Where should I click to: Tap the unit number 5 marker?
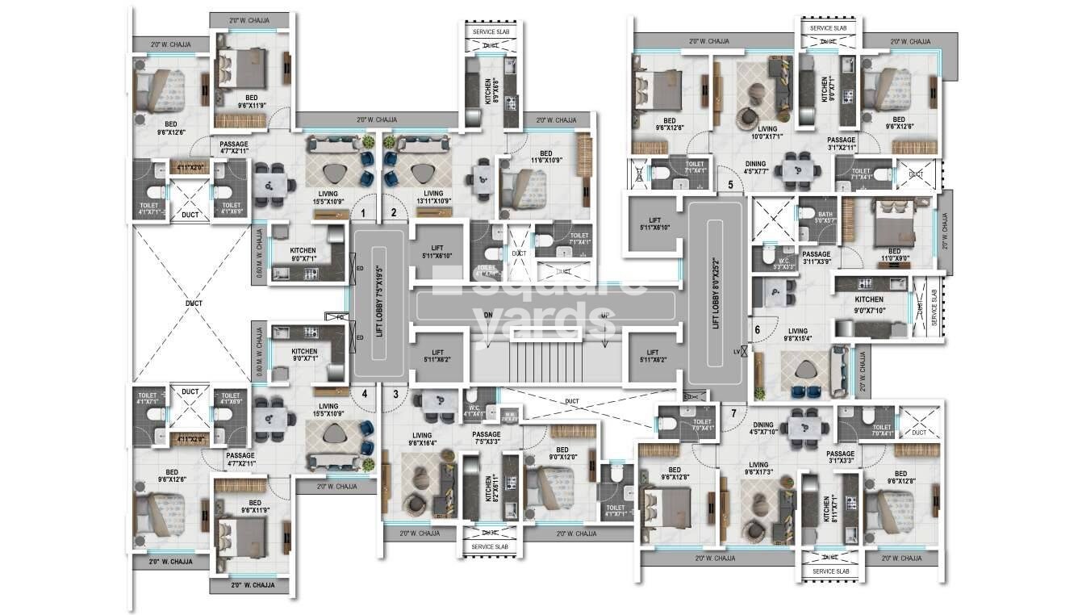click(x=730, y=185)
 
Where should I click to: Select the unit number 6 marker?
click(x=757, y=328)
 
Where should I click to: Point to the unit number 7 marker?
click(x=733, y=414)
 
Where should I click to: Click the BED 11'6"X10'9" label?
click(x=546, y=158)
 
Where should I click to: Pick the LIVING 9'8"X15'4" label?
click(x=797, y=335)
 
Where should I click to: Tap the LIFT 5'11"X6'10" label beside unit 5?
click(x=654, y=224)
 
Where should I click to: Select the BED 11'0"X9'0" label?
click(x=894, y=255)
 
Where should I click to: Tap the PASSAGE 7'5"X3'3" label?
click(x=487, y=438)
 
